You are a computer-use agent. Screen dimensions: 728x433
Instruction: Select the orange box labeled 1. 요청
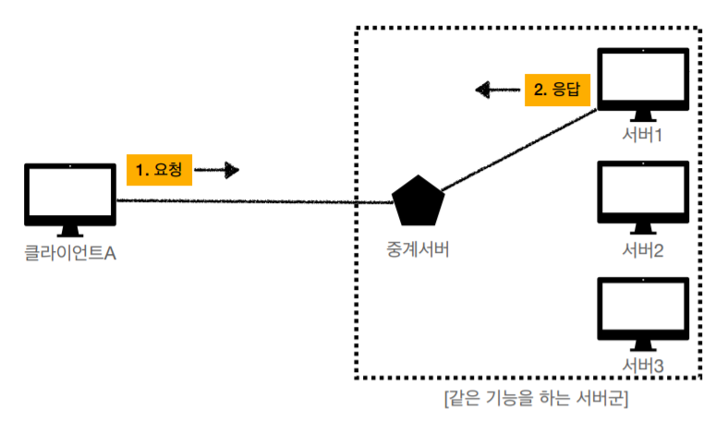pos(158,171)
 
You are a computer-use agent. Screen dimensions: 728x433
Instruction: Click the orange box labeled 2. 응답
pos(557,90)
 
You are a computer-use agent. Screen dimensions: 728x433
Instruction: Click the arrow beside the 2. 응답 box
pos(497,90)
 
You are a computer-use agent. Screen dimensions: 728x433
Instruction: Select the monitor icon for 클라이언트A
pos(70,197)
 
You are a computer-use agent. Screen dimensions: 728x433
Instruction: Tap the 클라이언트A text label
pos(70,252)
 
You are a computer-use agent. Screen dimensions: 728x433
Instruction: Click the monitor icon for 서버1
pos(644,79)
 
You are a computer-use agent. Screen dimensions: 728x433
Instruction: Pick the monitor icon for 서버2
pos(644,191)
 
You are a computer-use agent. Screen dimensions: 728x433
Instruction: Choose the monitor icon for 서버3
pos(644,306)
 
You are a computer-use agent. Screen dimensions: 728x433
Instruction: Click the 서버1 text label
pos(644,136)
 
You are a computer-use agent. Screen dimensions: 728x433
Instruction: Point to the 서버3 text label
pos(644,366)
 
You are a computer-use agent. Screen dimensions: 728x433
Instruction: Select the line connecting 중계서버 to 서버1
pos(517,152)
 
